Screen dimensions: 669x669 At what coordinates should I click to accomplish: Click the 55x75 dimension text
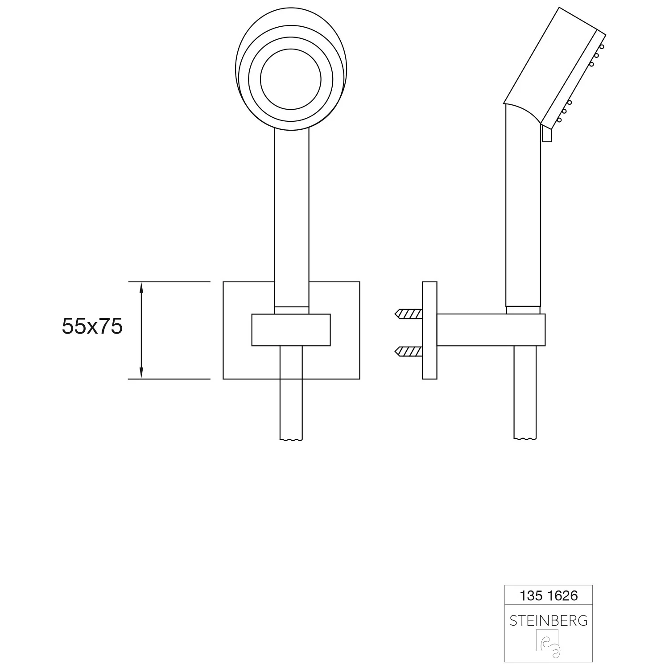pos(92,326)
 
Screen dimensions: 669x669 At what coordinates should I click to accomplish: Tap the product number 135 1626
pos(549,595)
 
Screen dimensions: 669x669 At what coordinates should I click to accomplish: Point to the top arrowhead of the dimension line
pos(141,287)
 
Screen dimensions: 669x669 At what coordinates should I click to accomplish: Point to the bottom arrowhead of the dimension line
pos(141,373)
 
